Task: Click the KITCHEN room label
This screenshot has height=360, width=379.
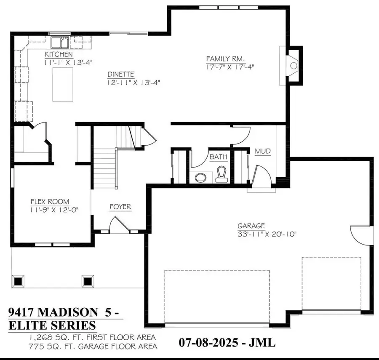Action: coord(59,55)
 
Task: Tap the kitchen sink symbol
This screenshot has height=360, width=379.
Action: coord(60,43)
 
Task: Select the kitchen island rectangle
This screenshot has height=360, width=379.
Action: coord(63,85)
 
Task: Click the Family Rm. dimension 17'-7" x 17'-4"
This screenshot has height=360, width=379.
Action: coord(230,66)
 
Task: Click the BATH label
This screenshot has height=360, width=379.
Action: coord(218,157)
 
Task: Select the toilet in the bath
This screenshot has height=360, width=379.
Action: coord(221,174)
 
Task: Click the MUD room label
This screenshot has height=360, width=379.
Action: coord(263,151)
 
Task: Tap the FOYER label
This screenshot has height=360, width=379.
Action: coord(120,207)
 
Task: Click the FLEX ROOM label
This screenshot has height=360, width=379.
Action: coord(49,201)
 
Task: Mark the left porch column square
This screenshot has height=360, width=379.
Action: coord(18,281)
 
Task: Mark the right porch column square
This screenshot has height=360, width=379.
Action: coord(88,281)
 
